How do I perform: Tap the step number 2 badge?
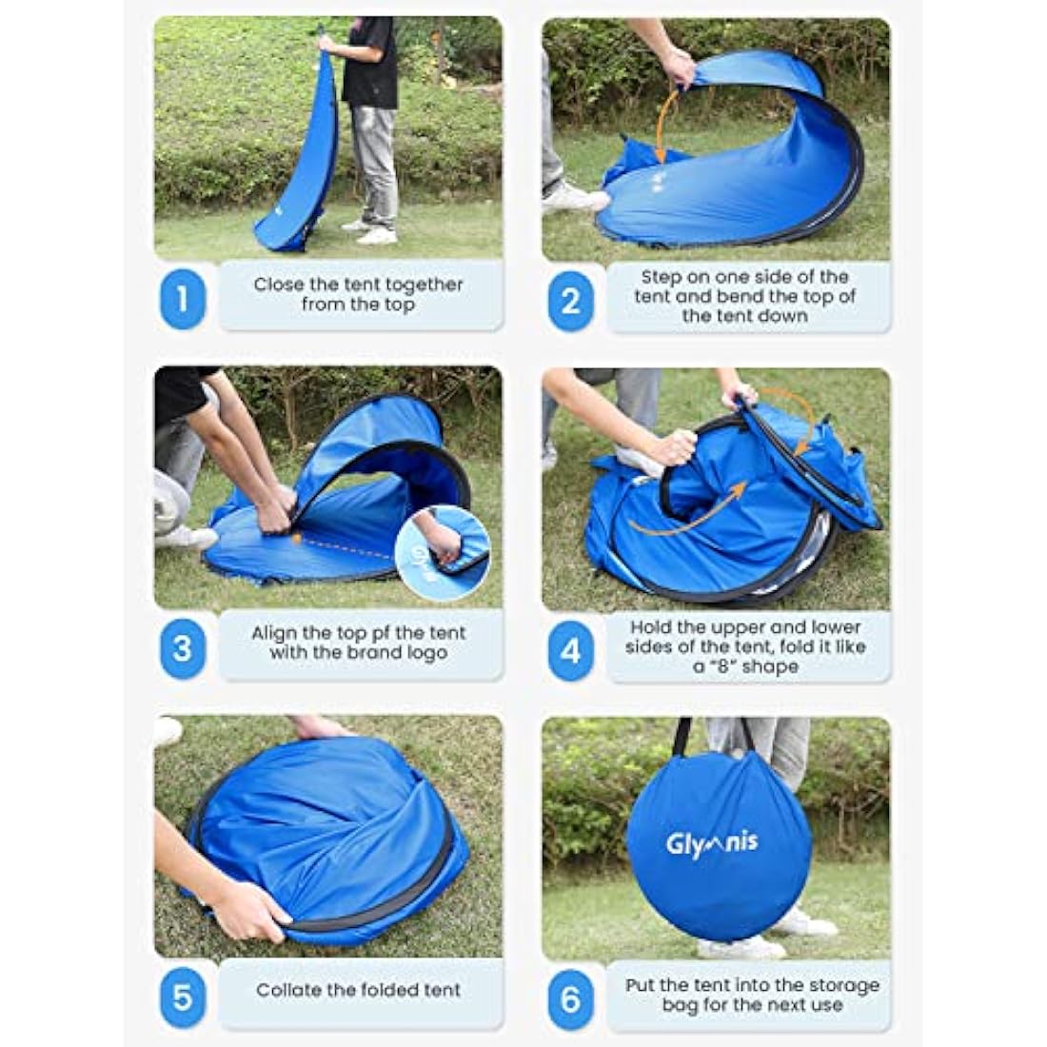click(x=570, y=300)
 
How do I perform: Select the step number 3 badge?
click(x=183, y=649)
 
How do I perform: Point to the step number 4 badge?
click(x=570, y=651)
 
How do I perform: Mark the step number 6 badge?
click(x=570, y=998)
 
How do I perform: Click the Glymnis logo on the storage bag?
click(x=713, y=840)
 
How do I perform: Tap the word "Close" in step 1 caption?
click(x=276, y=285)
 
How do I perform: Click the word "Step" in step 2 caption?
click(x=660, y=277)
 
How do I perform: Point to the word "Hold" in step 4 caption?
click(x=650, y=627)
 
